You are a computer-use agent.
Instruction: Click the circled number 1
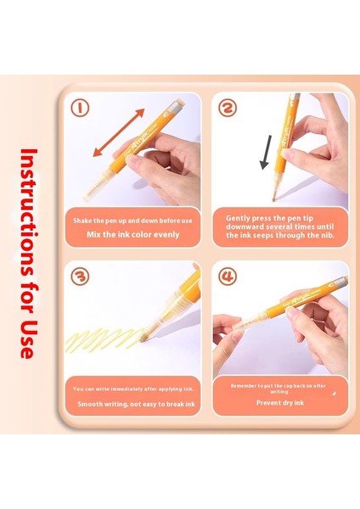pyautogui.click(x=80, y=108)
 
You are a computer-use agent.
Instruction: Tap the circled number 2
pyautogui.click(x=228, y=108)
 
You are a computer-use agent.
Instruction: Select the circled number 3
pyautogui.click(x=80, y=277)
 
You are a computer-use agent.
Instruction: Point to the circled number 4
pyautogui.click(x=228, y=277)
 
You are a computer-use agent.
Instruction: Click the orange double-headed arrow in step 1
pyautogui.click(x=118, y=132)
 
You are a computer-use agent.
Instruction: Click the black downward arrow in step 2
pyautogui.click(x=266, y=152)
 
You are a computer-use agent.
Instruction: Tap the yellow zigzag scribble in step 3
pyautogui.click(x=104, y=339)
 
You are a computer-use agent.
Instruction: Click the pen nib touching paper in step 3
pyautogui.click(x=143, y=338)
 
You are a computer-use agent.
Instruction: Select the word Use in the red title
pyautogui.click(x=28, y=338)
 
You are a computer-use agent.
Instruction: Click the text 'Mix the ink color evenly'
pyautogui.click(x=133, y=234)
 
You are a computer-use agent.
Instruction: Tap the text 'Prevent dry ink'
pyautogui.click(x=280, y=403)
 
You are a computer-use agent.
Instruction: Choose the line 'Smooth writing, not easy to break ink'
pyautogui.click(x=136, y=404)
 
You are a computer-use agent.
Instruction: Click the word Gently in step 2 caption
pyautogui.click(x=238, y=218)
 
